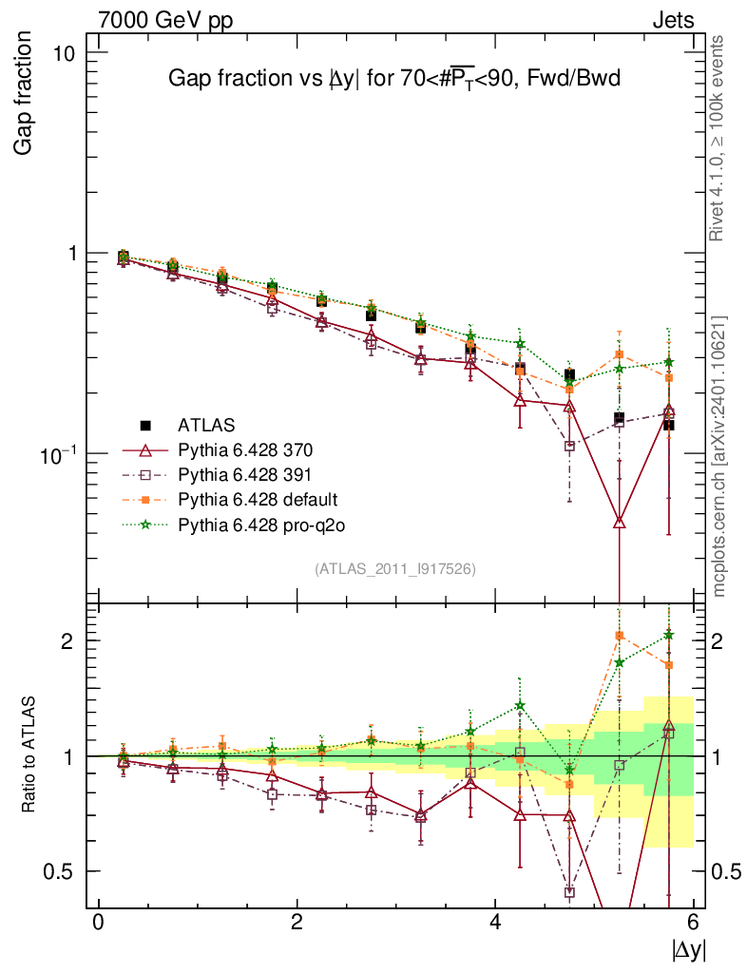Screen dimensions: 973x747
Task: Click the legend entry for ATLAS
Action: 206,424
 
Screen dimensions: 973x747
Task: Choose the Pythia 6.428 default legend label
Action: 259,499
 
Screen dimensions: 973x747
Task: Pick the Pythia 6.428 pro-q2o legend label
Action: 260,524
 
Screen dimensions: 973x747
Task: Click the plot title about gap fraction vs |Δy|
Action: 393,79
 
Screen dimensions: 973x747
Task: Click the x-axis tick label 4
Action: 495,923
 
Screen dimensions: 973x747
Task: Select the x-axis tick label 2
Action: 297,923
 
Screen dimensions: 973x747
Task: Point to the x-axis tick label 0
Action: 98,923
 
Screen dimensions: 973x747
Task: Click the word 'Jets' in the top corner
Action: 672,20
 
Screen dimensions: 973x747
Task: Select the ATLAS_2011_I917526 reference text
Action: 394,568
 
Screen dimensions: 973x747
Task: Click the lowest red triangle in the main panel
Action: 620,522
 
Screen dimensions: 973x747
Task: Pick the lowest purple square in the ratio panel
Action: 569,892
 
